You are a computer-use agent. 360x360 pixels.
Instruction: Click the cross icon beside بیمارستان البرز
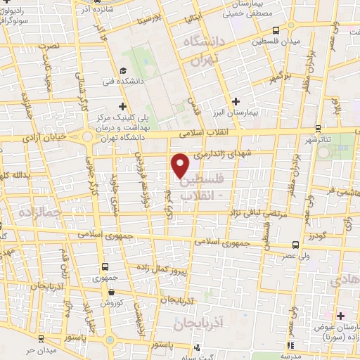[236, 102]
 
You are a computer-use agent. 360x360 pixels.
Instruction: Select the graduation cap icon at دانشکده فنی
[124, 70]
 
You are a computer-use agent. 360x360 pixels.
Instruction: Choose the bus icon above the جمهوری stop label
[105, 267]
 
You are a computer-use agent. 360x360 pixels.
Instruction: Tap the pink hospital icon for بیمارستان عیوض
[342, 315]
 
